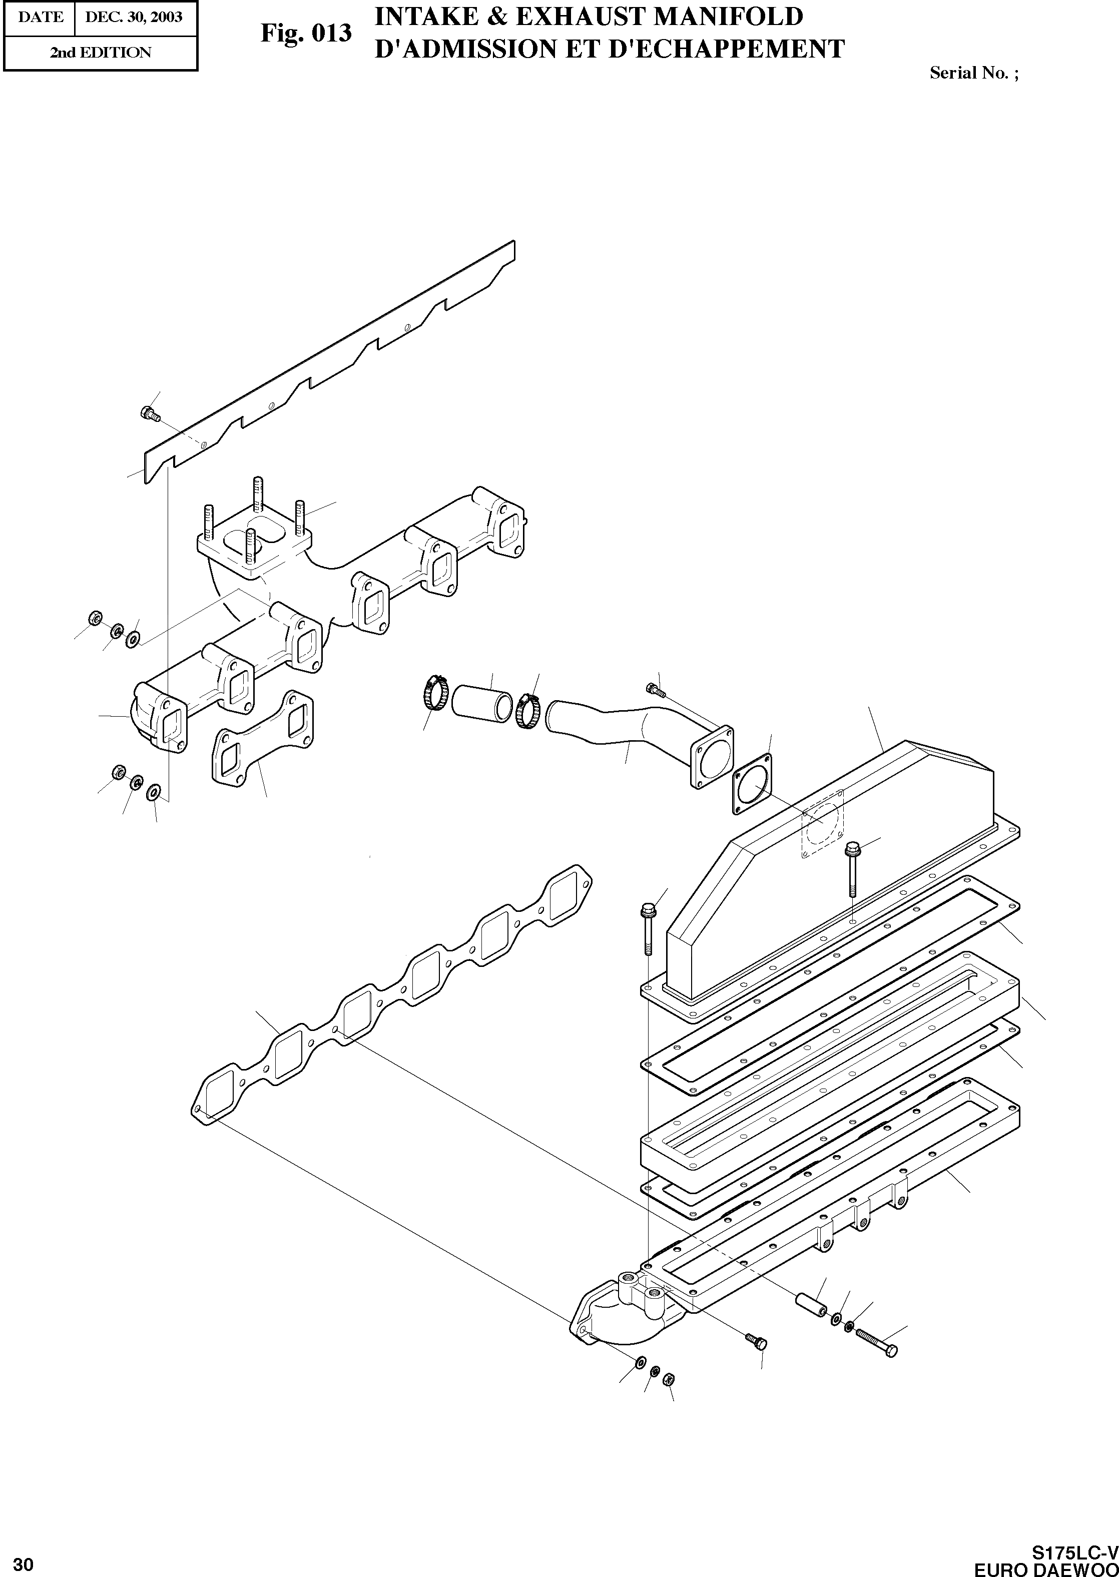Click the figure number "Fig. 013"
click(x=306, y=33)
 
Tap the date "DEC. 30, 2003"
click(x=134, y=17)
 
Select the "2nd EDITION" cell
click(x=100, y=53)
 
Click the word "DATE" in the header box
click(x=40, y=17)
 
